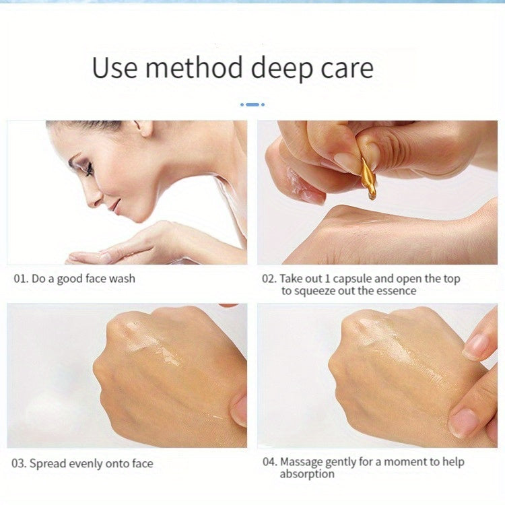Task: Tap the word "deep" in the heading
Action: click(281, 69)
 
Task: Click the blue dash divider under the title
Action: click(252, 104)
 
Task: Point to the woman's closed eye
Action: click(88, 168)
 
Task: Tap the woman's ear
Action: click(145, 128)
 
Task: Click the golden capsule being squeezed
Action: click(368, 178)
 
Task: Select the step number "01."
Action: click(21, 279)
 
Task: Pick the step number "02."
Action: click(269, 279)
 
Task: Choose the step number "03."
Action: click(19, 464)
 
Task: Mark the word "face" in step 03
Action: click(142, 464)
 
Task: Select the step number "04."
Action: click(270, 462)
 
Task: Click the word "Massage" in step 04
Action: click(301, 463)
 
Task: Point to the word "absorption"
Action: click(307, 475)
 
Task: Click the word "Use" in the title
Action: click(114, 67)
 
